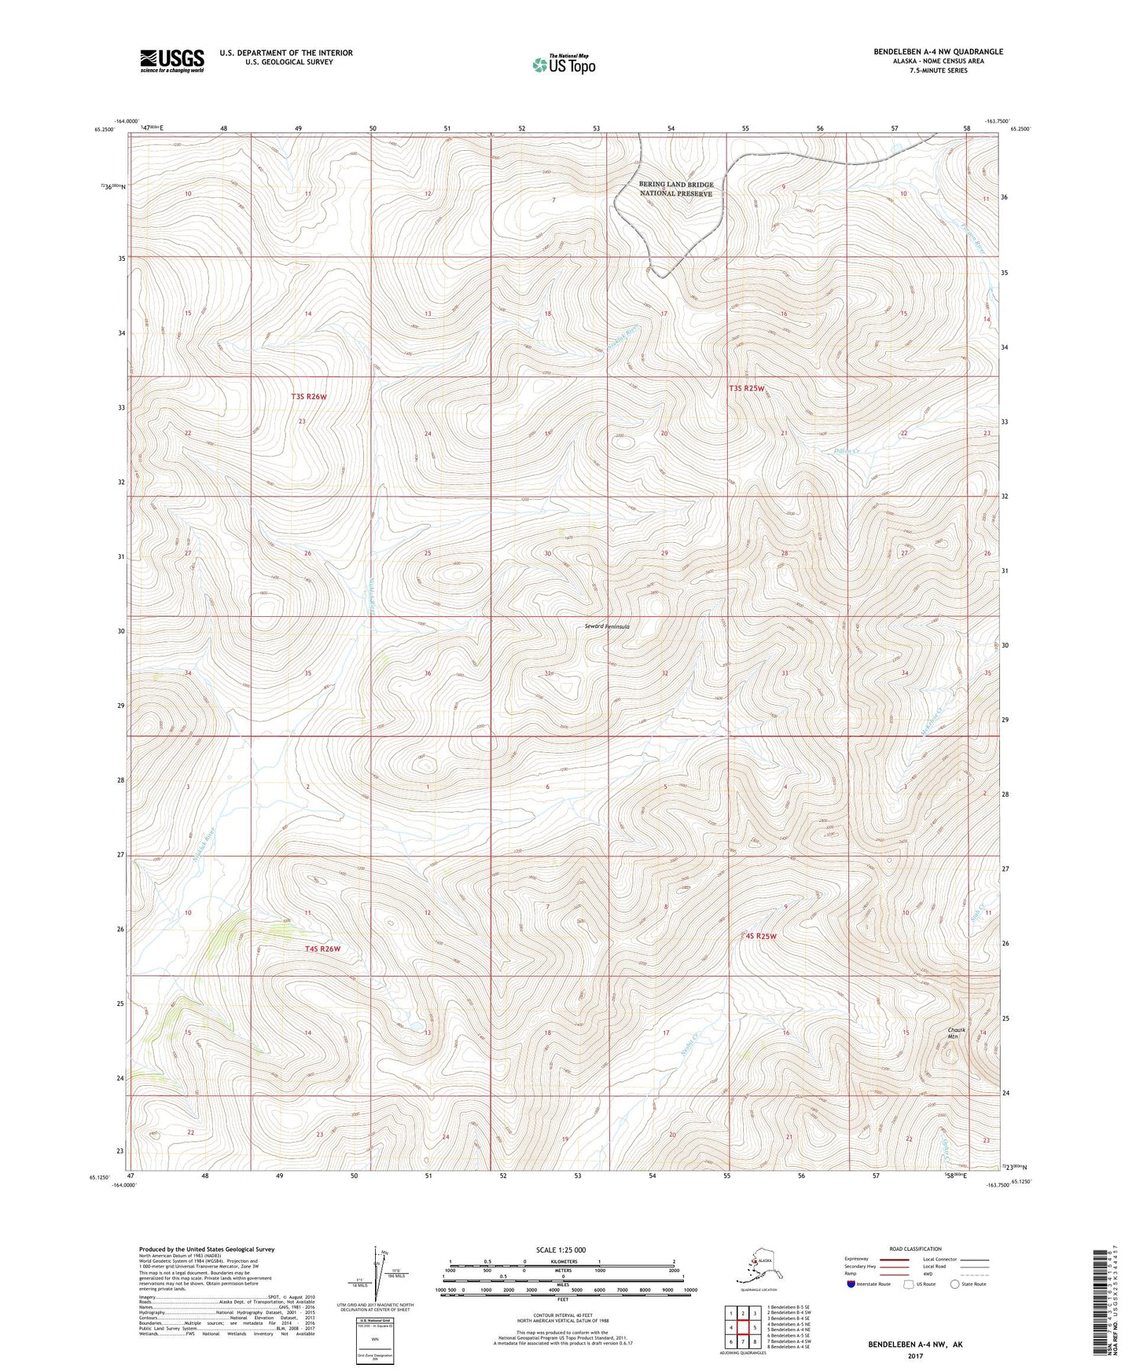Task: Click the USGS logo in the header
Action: pos(171,61)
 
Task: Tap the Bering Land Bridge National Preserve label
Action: pos(676,189)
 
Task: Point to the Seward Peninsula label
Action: pos(607,626)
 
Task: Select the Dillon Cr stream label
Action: pos(849,451)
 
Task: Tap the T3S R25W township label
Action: pos(746,388)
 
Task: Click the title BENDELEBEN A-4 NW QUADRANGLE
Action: pos(938,52)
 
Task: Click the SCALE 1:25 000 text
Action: pos(561,1250)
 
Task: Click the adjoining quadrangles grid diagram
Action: pos(743,1328)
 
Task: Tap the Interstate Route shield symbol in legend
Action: pos(851,1284)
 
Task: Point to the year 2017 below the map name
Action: pos(915,1355)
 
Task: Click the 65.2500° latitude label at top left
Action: pos(114,129)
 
